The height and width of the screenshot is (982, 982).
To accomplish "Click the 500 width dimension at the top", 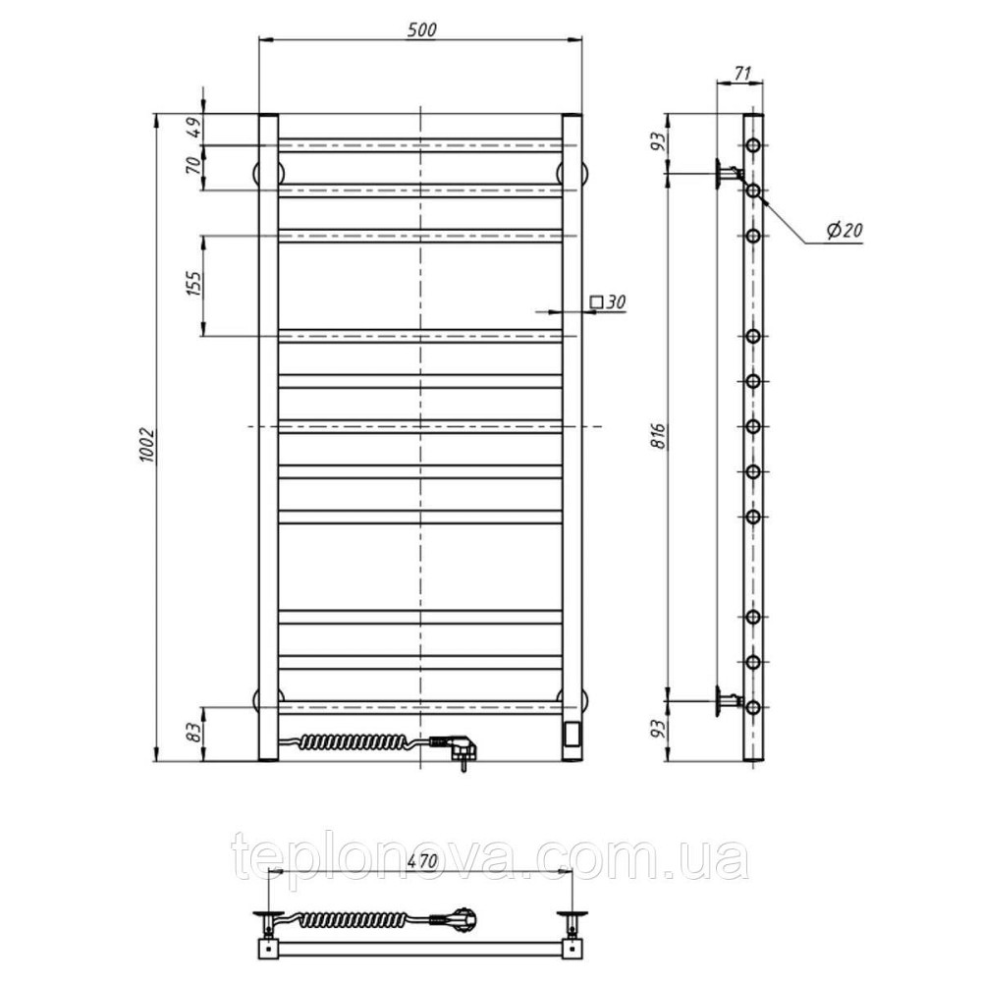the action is click(421, 29).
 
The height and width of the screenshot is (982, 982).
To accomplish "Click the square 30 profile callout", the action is click(608, 302).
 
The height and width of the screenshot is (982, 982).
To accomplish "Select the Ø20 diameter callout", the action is click(845, 231).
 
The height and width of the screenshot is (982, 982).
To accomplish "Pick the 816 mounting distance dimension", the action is click(658, 436).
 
